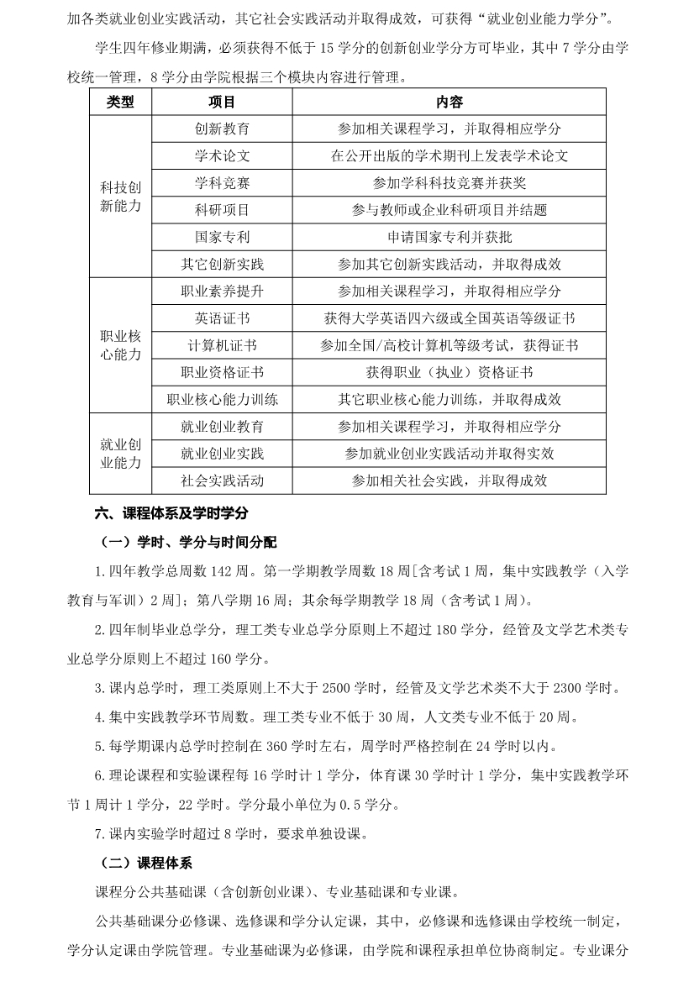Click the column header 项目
tap(222, 102)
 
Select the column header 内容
tap(449, 102)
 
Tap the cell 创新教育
tap(222, 129)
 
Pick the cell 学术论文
tap(222, 156)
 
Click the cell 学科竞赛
tap(222, 183)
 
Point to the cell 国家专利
tap(222, 237)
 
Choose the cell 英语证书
tap(222, 319)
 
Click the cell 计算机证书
tap(222, 346)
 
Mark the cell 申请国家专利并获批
tap(449, 237)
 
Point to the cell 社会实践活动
tap(222, 480)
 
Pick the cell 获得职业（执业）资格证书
tap(449, 373)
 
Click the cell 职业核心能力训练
tap(222, 400)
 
